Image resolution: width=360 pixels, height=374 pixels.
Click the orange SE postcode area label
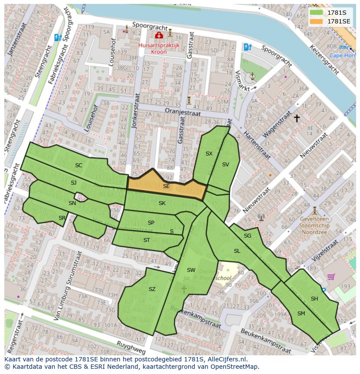click(166, 186)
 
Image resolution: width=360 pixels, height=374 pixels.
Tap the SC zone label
click(79, 165)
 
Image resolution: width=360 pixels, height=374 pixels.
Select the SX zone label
click(209, 154)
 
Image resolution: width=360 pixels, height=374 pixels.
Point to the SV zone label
click(225, 165)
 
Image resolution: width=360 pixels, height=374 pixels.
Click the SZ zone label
click(152, 289)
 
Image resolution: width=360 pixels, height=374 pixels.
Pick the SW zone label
click(191, 270)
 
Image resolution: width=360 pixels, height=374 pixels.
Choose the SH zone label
click(314, 298)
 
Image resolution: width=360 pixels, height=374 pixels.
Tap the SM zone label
click(301, 313)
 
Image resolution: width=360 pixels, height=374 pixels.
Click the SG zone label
click(247, 236)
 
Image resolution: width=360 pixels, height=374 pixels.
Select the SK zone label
click(162, 203)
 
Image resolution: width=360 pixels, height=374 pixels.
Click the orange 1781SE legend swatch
click(317, 21)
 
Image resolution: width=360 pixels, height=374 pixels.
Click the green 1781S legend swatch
click(317, 12)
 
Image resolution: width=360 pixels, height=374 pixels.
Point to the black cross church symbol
click(297, 118)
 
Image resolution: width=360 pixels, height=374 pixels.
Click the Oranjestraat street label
click(183, 112)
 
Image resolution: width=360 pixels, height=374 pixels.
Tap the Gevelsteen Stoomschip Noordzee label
click(315, 226)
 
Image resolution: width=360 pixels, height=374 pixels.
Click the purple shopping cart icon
click(331, 276)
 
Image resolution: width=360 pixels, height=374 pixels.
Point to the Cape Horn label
click(342, 55)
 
